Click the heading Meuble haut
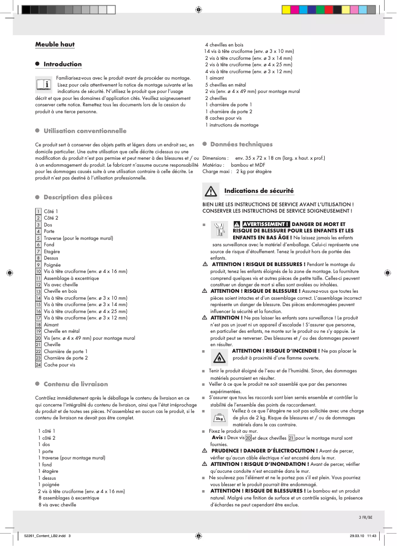click(x=54, y=45)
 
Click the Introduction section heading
click(x=62, y=64)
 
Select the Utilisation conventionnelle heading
click(x=85, y=131)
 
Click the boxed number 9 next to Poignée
click(x=38, y=265)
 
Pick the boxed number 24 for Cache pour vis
click(x=38, y=364)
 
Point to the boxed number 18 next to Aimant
click(x=38, y=324)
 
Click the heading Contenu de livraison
click(x=75, y=384)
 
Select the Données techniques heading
click(x=241, y=144)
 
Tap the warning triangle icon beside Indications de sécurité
click(x=211, y=191)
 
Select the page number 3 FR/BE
click(x=365, y=518)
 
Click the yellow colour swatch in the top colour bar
click(x=286, y=9)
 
